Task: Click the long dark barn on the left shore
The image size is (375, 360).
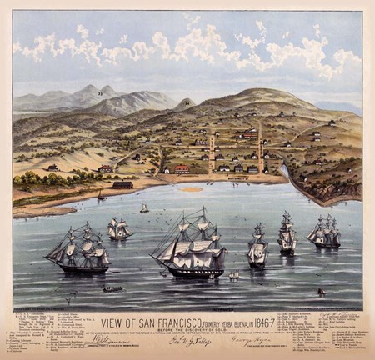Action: point(122,184)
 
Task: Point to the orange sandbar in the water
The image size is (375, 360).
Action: point(192,189)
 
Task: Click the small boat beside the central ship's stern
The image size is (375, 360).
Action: point(234,274)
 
